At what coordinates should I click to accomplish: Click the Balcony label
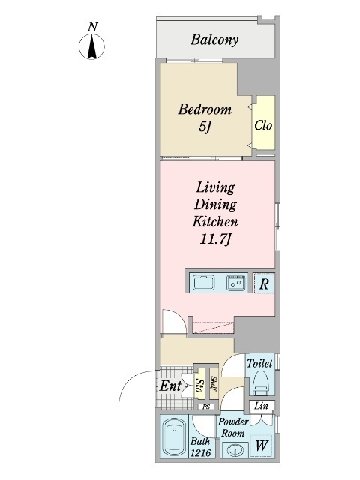pos(214,40)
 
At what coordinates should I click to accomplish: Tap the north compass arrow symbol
pos(91,46)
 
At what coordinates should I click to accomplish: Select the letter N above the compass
pos(92,27)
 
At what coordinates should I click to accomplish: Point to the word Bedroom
pos(205,109)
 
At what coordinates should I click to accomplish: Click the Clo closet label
pos(263,125)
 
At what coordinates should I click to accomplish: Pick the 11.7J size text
pos(215,239)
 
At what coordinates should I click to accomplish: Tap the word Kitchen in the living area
pos(215,222)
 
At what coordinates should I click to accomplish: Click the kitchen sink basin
pos(203,282)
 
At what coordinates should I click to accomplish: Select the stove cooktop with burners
pos(236,282)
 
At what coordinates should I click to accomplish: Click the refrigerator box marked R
pos(264,283)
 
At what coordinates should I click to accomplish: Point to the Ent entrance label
pos(170,386)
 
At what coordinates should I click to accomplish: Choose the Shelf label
pos(214,383)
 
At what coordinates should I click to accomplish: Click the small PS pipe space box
pos(206,406)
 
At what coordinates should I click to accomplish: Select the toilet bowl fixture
pos(261,382)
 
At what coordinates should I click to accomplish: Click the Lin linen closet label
pos(262,406)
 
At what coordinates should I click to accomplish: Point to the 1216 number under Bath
pos(200,452)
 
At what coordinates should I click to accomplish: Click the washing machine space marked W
pos(261,445)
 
